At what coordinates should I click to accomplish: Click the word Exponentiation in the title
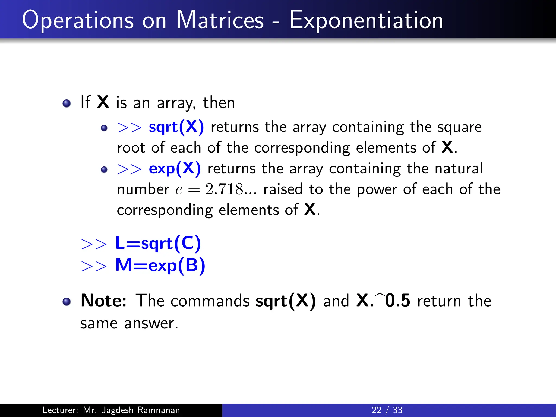tap(366, 20)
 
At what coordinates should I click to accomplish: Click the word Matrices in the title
tap(220, 20)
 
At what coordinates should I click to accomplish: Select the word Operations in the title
tap(78, 21)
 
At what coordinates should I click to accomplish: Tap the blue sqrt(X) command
tap(176, 127)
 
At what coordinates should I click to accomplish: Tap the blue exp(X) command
tap(175, 169)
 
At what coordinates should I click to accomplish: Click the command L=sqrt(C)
tap(158, 243)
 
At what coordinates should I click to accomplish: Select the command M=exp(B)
tap(160, 265)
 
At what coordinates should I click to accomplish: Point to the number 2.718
tap(224, 189)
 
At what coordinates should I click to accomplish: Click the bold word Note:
tap(104, 301)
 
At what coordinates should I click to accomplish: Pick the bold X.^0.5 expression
tap(383, 301)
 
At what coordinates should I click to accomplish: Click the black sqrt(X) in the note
tap(286, 301)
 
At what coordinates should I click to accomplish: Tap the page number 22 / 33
tap(387, 410)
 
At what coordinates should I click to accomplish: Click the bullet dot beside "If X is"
tap(67, 103)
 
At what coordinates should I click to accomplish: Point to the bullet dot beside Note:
tap(67, 302)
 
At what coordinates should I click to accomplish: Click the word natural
tap(459, 169)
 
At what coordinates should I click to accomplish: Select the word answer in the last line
tap(151, 324)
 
